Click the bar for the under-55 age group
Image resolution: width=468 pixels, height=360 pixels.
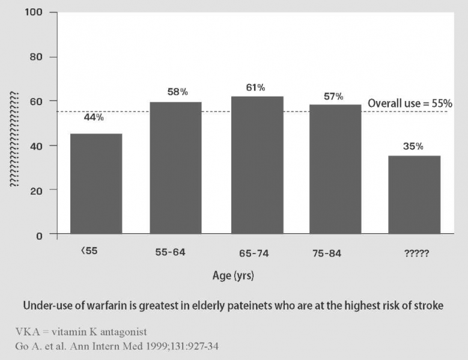click(x=96, y=183)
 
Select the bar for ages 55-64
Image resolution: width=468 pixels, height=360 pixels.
click(x=175, y=168)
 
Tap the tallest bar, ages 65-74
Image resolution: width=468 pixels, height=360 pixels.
click(x=255, y=165)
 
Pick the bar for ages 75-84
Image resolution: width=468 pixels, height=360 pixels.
click(x=335, y=169)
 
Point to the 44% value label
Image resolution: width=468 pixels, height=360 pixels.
click(x=94, y=118)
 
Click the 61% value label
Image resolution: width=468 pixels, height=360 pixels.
click(x=255, y=87)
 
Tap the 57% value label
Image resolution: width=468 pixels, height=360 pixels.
click(x=333, y=96)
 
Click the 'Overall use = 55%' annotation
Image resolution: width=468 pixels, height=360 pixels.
click(x=410, y=103)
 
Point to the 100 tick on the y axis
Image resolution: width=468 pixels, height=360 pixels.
click(x=41, y=13)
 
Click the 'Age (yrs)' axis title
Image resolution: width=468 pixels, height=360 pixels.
click(x=234, y=276)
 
